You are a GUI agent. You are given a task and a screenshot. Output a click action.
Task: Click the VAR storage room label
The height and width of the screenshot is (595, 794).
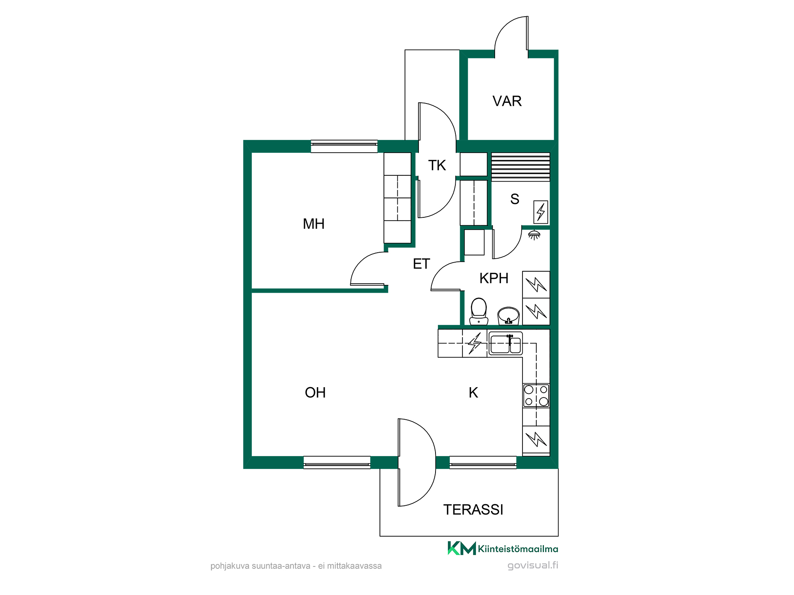[507, 101]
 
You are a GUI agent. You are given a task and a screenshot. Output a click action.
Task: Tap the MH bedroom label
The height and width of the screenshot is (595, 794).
[314, 224]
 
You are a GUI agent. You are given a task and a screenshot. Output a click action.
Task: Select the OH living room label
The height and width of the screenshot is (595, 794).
[315, 393]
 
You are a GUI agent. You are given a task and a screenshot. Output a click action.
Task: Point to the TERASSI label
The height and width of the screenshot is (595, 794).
[473, 510]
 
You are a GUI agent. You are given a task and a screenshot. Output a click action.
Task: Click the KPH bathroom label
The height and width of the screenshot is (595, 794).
[494, 278]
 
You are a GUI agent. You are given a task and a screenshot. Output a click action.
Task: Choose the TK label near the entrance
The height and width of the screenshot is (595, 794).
[437, 165]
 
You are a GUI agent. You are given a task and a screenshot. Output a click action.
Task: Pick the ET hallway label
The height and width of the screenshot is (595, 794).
[421, 264]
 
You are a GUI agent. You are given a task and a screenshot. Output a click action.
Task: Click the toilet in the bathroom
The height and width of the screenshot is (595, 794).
[479, 312]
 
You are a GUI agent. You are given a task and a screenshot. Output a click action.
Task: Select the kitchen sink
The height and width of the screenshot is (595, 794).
[505, 344]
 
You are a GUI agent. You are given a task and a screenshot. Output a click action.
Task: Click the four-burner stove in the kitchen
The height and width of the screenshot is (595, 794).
[536, 395]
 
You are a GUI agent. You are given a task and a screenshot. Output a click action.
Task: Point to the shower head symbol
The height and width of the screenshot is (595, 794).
[534, 235]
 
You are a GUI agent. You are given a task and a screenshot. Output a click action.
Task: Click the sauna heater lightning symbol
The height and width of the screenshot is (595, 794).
[541, 212]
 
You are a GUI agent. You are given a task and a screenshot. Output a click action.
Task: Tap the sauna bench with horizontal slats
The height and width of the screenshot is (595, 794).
[520, 167]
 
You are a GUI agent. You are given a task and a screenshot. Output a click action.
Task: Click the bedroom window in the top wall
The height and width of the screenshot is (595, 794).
[344, 146]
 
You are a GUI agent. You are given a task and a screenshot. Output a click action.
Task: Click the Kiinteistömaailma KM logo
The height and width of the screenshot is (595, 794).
[503, 549]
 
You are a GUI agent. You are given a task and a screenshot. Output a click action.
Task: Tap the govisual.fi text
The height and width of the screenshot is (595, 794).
[533, 566]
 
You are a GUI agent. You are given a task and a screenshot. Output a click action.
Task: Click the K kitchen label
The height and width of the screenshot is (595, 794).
[473, 393]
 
